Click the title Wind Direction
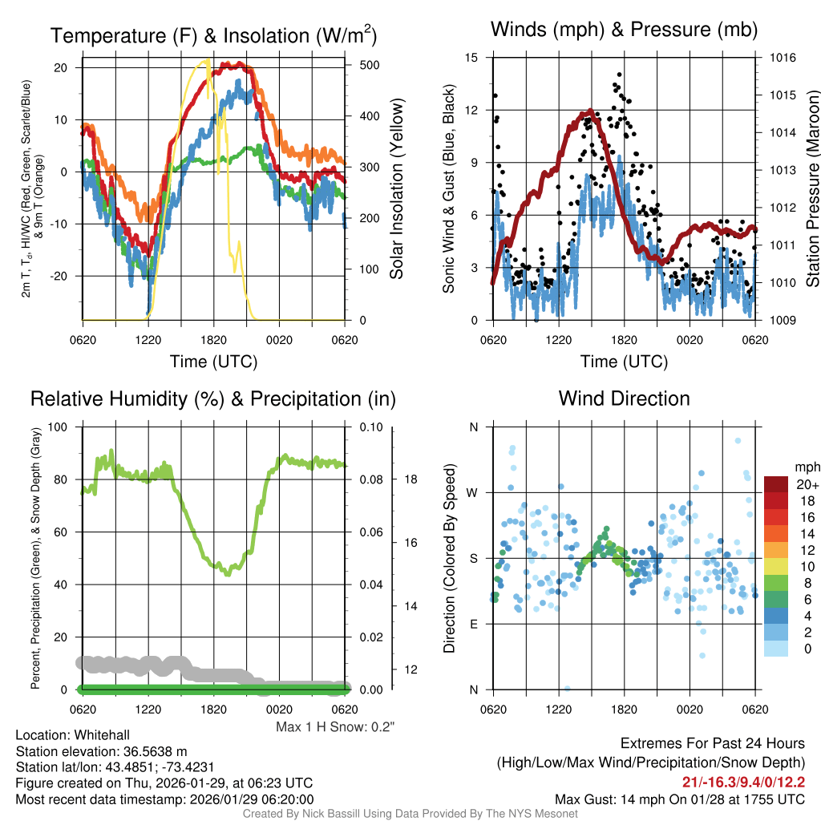[624, 398]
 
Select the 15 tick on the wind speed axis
[471, 58]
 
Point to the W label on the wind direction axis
[473, 492]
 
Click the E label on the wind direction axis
[474, 624]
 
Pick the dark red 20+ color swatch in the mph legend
[776, 486]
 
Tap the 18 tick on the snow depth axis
[410, 479]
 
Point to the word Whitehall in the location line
[97, 735]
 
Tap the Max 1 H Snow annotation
[335, 726]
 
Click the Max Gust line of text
[680, 799]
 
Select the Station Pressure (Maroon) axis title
[811, 189]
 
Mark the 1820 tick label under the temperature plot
[213, 340]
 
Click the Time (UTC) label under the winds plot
[624, 362]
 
